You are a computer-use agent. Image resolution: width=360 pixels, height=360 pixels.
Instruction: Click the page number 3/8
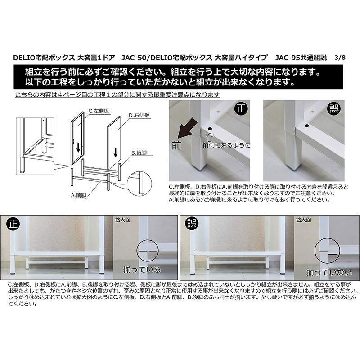[x=340, y=58]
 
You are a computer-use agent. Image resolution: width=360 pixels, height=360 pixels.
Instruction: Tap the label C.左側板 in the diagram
[x=99, y=111]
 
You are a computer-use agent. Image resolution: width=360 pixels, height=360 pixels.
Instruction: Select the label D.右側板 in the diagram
[x=139, y=115]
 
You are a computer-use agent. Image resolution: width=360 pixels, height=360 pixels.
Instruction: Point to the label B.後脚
[x=139, y=153]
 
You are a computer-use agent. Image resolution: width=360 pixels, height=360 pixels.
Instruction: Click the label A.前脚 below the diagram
[x=78, y=195]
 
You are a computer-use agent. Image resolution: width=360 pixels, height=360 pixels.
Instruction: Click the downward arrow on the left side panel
[x=78, y=147]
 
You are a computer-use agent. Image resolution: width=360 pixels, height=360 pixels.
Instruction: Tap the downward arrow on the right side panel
[x=115, y=152]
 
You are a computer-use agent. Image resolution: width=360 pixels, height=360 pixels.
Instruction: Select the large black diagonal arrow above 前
[x=188, y=129]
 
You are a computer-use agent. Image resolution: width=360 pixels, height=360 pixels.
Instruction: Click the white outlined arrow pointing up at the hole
[x=210, y=137]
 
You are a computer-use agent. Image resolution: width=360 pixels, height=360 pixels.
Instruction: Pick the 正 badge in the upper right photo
[x=241, y=108]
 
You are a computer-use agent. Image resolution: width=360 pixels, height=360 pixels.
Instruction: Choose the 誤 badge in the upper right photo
[x=334, y=108]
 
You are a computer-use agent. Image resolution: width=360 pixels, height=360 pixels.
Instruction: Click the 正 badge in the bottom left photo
[x=13, y=224]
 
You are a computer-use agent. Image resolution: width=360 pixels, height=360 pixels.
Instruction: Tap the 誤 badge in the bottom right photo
[x=192, y=223]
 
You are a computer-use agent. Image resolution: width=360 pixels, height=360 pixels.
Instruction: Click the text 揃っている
[x=142, y=269]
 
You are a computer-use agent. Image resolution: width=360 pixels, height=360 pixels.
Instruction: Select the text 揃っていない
[x=329, y=273]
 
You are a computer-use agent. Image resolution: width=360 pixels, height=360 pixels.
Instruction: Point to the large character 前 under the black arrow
[x=176, y=145]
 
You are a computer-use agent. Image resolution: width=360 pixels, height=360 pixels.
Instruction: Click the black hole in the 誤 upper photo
[x=307, y=126]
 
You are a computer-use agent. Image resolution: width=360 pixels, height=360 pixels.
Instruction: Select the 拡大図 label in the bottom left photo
[x=122, y=220]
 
